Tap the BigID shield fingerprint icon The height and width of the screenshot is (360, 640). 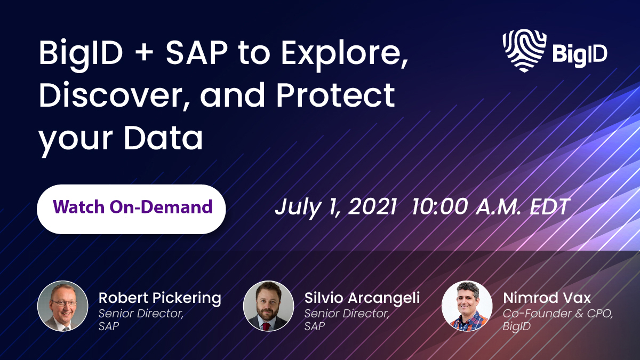[x=524, y=50]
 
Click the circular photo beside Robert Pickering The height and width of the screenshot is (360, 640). [x=63, y=306]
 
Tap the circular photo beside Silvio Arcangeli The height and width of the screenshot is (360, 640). [x=268, y=306]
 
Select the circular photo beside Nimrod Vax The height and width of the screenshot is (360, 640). [x=467, y=306]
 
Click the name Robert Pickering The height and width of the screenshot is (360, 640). [x=159, y=298]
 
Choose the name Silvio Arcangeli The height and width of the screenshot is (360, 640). [x=362, y=298]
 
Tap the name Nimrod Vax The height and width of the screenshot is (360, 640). [x=547, y=298]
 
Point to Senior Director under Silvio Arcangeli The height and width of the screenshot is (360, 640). [x=347, y=314]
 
